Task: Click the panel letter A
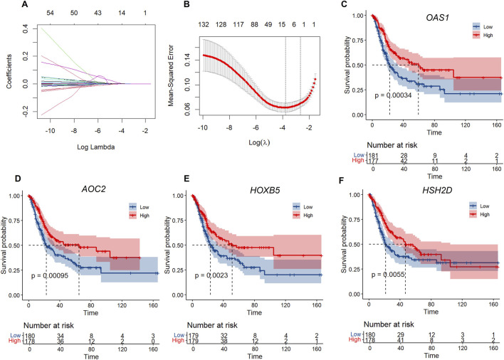coord(25,4)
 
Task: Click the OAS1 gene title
coord(437,17)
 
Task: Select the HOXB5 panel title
coord(265,191)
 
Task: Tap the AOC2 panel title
coord(93,189)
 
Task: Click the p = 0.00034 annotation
coord(393,95)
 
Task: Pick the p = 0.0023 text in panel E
coord(211,275)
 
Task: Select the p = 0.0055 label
coord(388,275)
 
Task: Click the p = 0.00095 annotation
coord(50,275)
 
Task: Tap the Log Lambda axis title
coord(96,147)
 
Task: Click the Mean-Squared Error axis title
coord(171,75)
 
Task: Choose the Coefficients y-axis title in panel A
coord(9,71)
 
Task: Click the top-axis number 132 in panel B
coord(204,24)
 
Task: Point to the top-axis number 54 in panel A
coord(50,13)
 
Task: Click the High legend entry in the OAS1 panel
coord(483,35)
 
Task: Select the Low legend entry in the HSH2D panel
coord(479,206)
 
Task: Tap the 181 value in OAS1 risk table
coord(373,155)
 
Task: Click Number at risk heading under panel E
coord(212,325)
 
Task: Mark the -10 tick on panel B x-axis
coord(202,127)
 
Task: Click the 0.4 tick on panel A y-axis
coord(26,29)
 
